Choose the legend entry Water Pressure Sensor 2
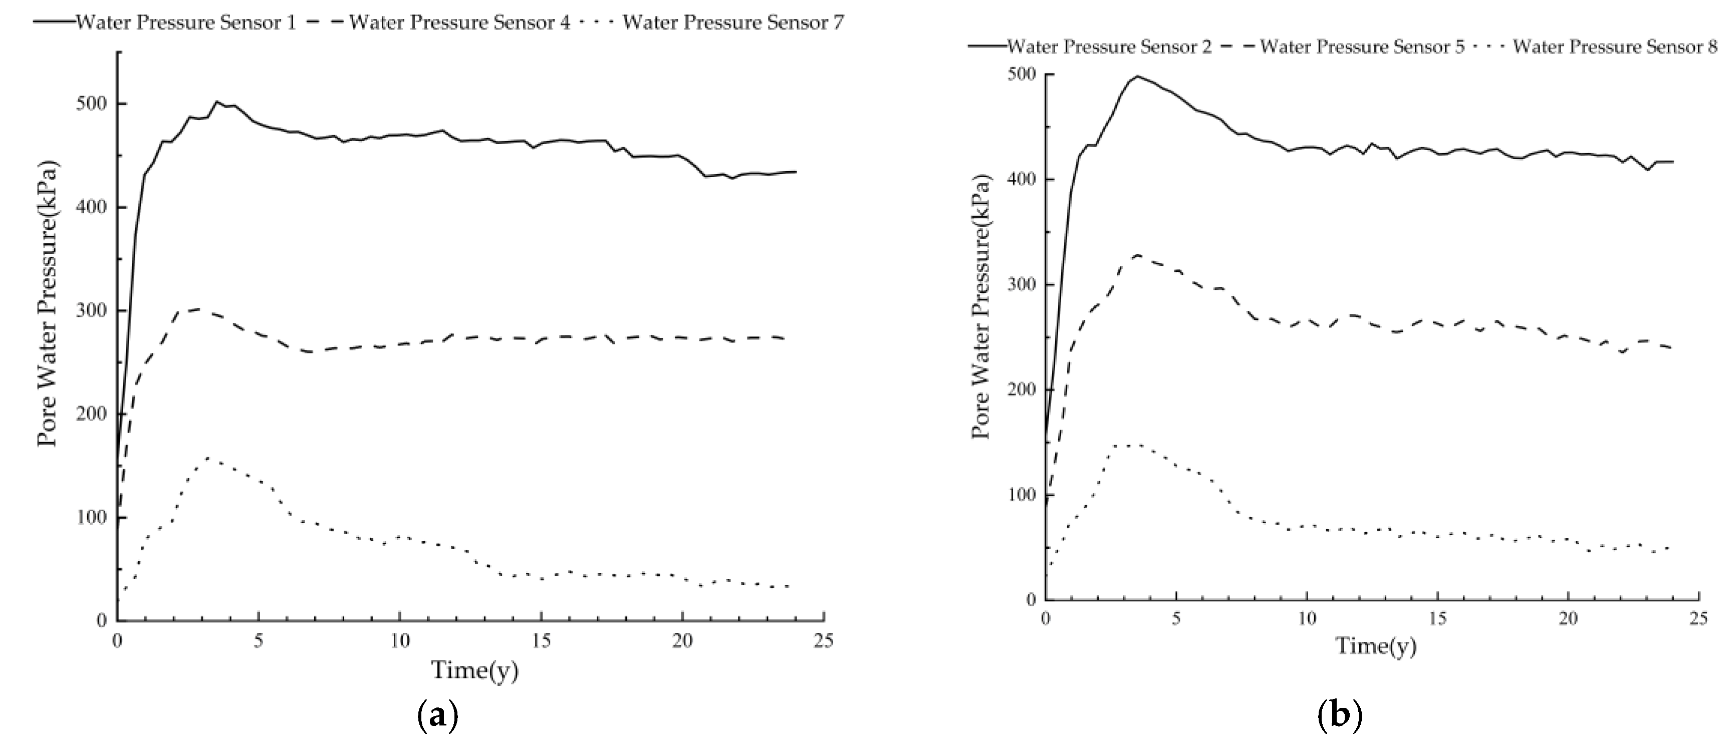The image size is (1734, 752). (x=1109, y=47)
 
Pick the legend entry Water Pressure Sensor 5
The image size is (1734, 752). (x=1362, y=47)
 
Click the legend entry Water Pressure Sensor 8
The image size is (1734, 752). (x=1615, y=47)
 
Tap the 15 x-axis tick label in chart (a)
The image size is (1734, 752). (x=541, y=641)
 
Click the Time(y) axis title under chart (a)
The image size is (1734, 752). (x=474, y=670)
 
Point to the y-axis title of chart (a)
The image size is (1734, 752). (x=47, y=303)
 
